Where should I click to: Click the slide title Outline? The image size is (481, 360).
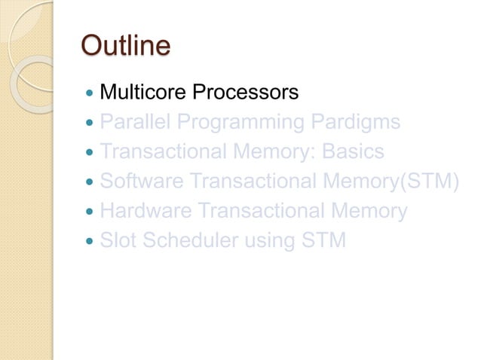point(125,47)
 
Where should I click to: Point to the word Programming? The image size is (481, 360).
point(230,122)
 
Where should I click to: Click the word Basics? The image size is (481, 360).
point(353,152)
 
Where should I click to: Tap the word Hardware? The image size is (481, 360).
point(143,212)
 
